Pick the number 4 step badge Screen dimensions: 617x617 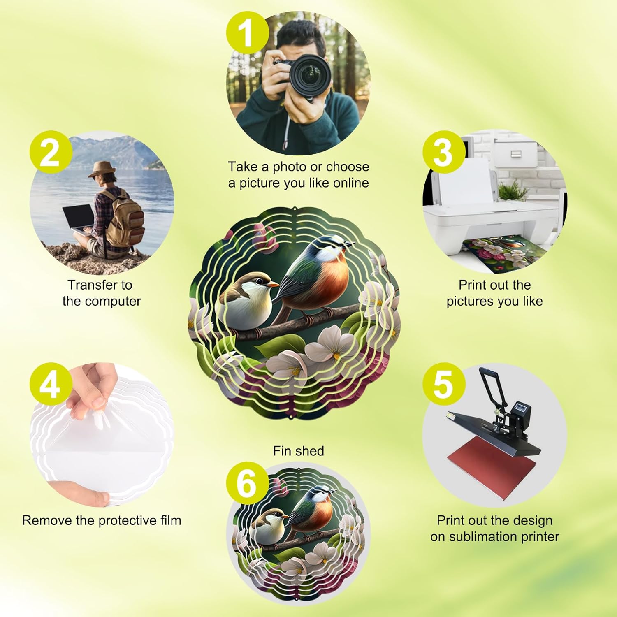pyautogui.click(x=50, y=386)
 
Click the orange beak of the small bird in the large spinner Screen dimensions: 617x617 pyautogui.click(x=272, y=284)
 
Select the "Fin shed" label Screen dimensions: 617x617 pyautogui.click(x=298, y=451)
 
